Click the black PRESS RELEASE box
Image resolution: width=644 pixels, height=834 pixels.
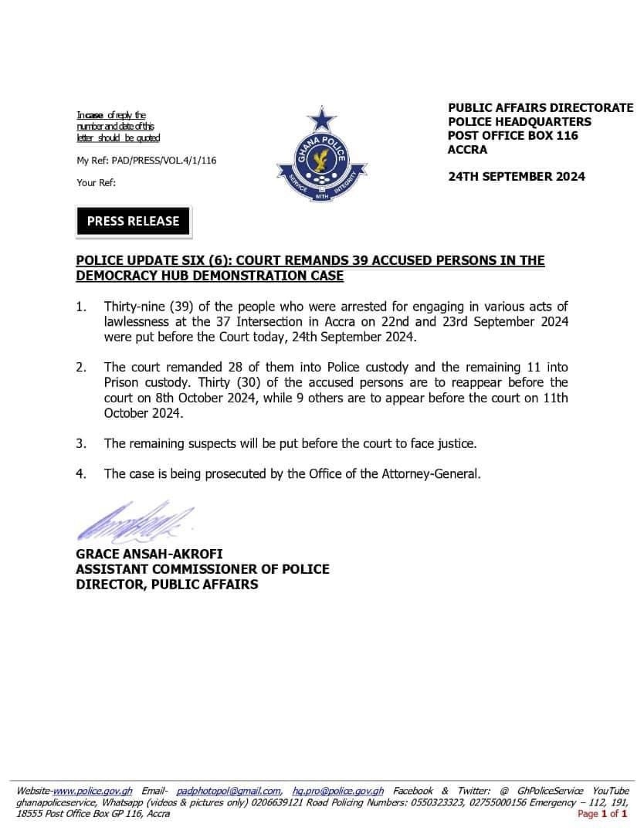coord(133,221)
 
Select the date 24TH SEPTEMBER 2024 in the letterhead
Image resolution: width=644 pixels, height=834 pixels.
coord(517,176)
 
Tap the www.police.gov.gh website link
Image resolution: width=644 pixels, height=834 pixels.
coord(93,791)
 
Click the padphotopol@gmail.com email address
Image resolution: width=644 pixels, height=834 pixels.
coord(229,791)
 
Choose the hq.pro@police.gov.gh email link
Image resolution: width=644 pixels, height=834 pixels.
coord(338,791)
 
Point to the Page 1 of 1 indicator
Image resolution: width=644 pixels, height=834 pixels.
coord(602,813)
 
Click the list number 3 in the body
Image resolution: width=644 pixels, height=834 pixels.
coord(80,443)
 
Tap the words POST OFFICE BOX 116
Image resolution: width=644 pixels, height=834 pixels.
coord(513,136)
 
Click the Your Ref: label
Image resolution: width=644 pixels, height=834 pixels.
coord(96,183)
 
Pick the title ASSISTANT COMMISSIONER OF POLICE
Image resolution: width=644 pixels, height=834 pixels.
coord(202,569)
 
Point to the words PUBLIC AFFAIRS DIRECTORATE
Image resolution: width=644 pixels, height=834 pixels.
coord(541,108)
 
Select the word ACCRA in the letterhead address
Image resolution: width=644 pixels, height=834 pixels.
coord(468,150)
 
